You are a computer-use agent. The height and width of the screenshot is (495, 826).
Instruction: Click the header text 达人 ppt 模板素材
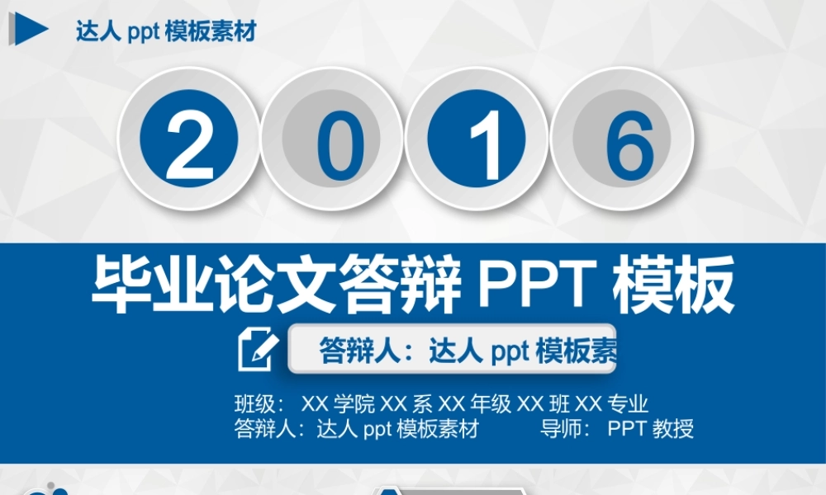165,31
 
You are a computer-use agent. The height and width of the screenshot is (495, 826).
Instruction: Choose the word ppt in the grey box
510,351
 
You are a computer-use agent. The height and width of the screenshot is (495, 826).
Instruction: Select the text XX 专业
611,404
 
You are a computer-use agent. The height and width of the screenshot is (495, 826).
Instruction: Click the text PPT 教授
650,429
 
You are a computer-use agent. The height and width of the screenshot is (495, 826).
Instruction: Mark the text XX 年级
475,404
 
